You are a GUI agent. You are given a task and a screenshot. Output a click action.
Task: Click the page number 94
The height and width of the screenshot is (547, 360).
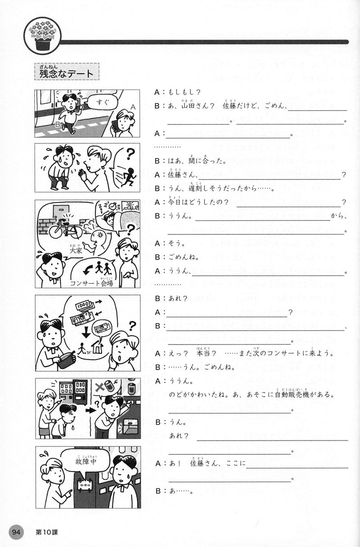coord(17,532)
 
